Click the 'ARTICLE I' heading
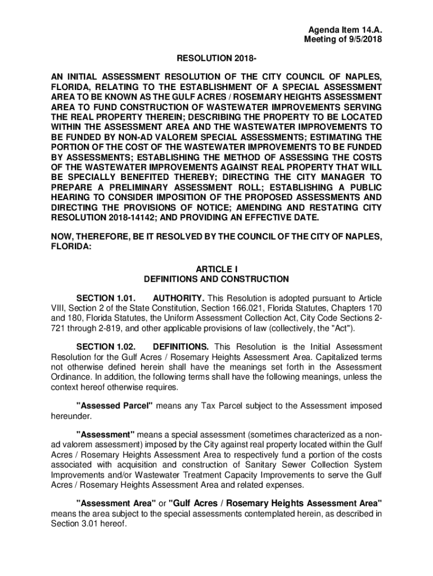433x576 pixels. tap(216, 269)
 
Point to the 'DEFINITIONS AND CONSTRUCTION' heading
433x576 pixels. tap(216, 279)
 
